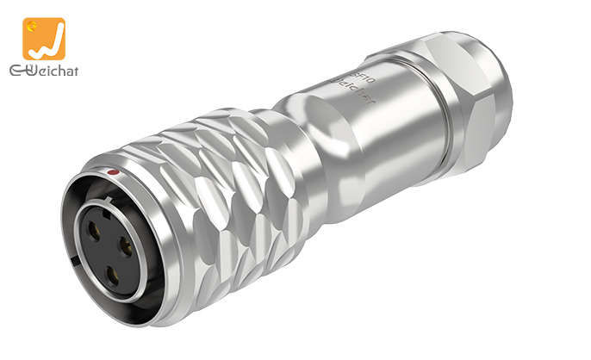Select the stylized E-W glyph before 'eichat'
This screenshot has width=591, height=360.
pos(15,71)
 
